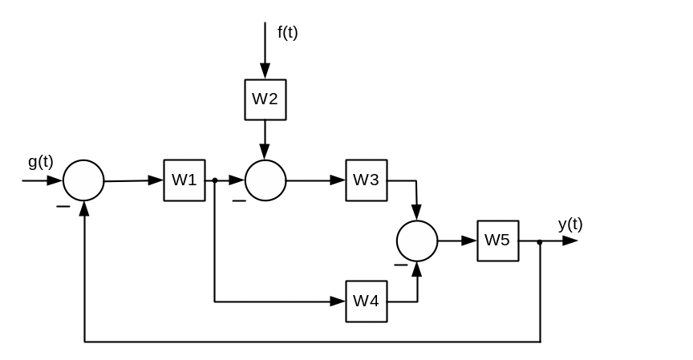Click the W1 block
[184, 180]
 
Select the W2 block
[265, 99]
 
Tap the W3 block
[367, 180]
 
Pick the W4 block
[367, 301]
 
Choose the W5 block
[498, 241]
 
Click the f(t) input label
[288, 33]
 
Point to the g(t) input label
[41, 162]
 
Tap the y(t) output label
[570, 224]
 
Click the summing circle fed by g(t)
[83, 180]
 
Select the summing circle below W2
[265, 180]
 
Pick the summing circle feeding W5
[417, 241]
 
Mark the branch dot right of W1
[215, 180]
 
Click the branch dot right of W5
[540, 241]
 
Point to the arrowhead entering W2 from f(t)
[265, 73]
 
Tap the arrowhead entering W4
[339, 301]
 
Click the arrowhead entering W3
[340, 180]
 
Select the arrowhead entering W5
[471, 241]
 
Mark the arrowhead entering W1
[157, 180]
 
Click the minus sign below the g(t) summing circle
[62, 206]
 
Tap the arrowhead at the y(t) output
[571, 241]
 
